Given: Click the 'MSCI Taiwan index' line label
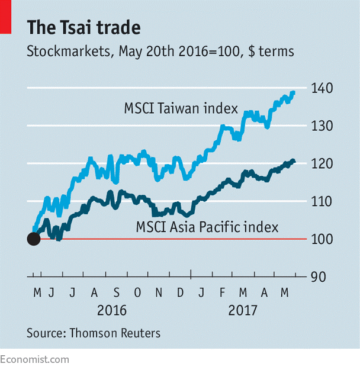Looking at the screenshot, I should tap(181, 109).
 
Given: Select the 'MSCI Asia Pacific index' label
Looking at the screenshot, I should tap(207, 227).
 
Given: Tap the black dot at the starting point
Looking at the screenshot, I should tap(34, 239).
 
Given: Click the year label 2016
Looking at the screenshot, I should tap(112, 310).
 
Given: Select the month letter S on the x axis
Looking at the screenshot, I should tap(117, 292).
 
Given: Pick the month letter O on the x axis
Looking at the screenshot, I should tap(137, 292).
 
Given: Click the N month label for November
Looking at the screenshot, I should tap(159, 292).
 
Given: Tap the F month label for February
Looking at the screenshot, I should tap(221, 292).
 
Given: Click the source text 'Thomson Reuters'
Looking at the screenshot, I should tap(115, 333).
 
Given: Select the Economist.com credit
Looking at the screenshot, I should tap(34, 359).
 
